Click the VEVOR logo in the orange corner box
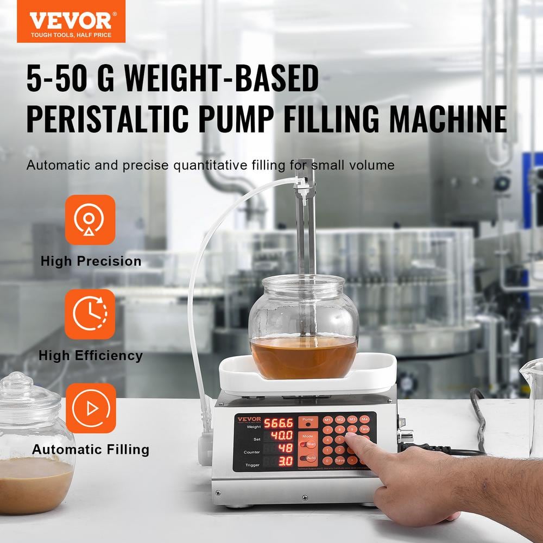[x=71, y=21]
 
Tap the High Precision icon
[x=90, y=220]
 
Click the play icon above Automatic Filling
[x=91, y=408]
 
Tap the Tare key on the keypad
[x=364, y=429]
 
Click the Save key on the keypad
[x=340, y=460]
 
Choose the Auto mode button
[x=308, y=458]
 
